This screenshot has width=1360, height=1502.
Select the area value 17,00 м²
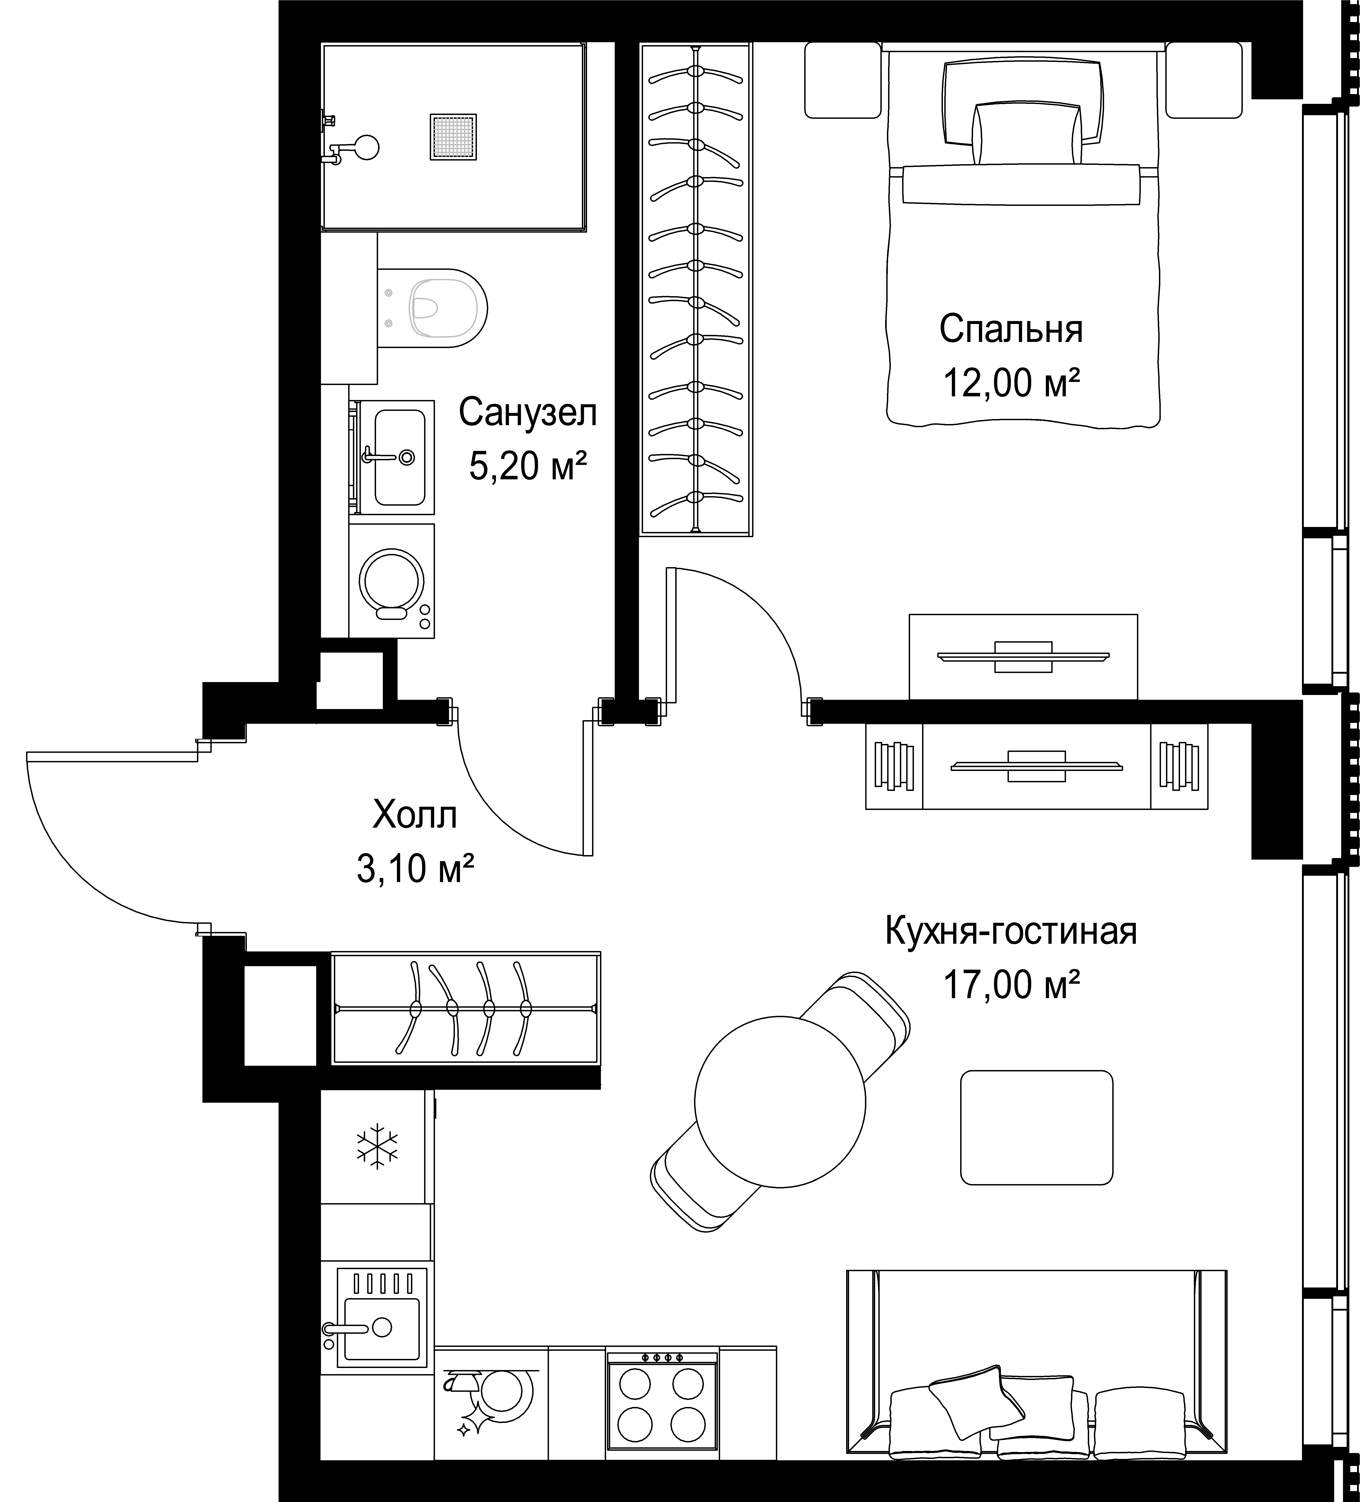pyautogui.click(x=1011, y=985)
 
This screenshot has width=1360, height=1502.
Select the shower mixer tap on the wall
pyautogui.click(x=350, y=148)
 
